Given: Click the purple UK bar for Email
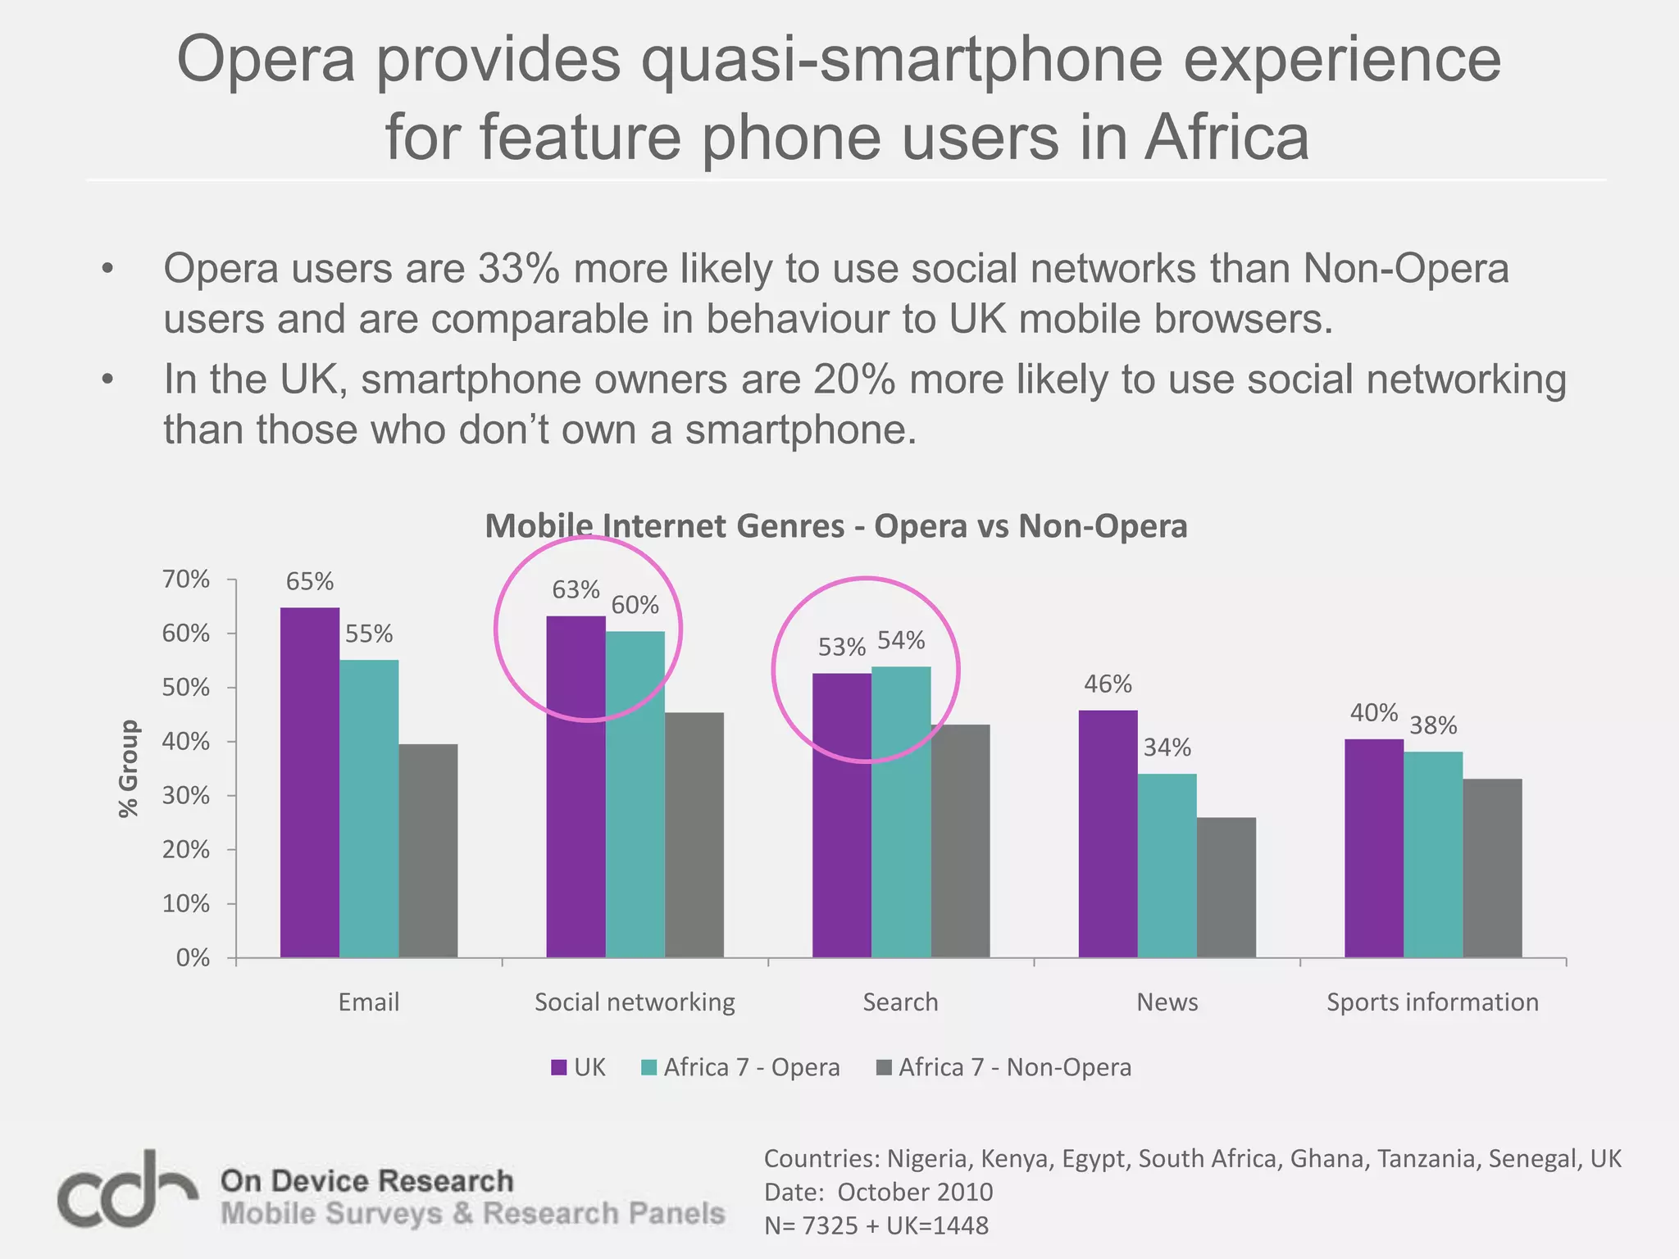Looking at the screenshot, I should click(310, 782).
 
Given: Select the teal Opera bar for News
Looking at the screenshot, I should click(1167, 865).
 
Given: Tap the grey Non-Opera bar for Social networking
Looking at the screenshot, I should click(694, 834).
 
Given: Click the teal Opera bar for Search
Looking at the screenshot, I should click(901, 811).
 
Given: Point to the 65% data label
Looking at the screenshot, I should click(310, 581).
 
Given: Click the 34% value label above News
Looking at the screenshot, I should click(1167, 748).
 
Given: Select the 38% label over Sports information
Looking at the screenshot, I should click(1433, 725).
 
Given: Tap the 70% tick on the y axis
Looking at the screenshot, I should click(186, 580).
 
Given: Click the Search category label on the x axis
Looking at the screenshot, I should click(900, 1002).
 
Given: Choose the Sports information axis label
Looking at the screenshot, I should click(1432, 1002).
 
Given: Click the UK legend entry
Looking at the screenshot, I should click(579, 1067).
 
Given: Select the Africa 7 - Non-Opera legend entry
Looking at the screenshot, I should click(1004, 1067).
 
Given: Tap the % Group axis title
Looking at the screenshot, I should click(129, 768).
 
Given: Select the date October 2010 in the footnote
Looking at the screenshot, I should click(915, 1192).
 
